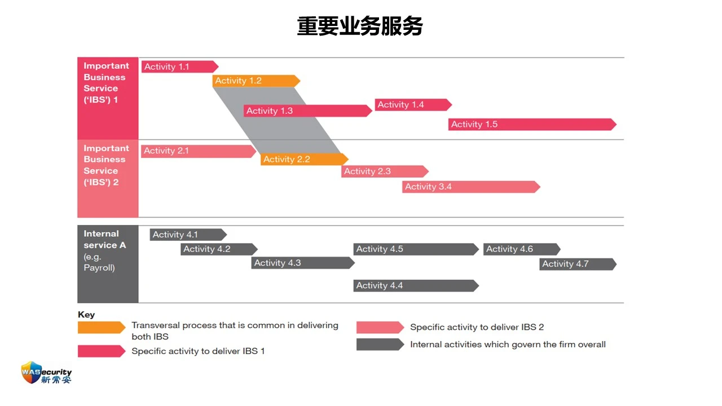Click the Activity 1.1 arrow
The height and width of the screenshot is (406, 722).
[180, 67]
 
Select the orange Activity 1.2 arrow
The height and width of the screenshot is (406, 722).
[256, 81]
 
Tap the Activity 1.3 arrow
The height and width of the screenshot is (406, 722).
[308, 111]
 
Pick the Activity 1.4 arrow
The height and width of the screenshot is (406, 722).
[413, 105]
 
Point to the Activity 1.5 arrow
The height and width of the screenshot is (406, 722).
[532, 125]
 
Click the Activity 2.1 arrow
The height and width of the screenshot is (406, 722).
[199, 151]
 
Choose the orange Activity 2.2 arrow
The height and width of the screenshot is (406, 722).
[304, 159]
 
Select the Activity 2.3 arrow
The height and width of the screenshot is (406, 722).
[385, 171]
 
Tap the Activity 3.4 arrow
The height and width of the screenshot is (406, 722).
[471, 187]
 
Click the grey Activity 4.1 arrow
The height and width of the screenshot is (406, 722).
[188, 235]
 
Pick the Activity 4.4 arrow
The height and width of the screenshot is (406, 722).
[416, 286]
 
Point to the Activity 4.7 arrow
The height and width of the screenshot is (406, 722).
[578, 264]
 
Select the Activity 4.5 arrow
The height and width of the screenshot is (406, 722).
[416, 249]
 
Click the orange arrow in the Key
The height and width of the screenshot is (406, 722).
[102, 328]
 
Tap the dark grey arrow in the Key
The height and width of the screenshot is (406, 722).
[380, 345]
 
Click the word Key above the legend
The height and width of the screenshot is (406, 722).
[86, 315]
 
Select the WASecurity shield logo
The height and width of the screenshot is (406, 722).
[31, 373]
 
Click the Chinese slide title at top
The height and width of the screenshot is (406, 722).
[360, 26]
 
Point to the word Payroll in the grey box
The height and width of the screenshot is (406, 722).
[99, 268]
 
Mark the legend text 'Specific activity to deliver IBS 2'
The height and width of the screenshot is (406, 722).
[477, 327]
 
